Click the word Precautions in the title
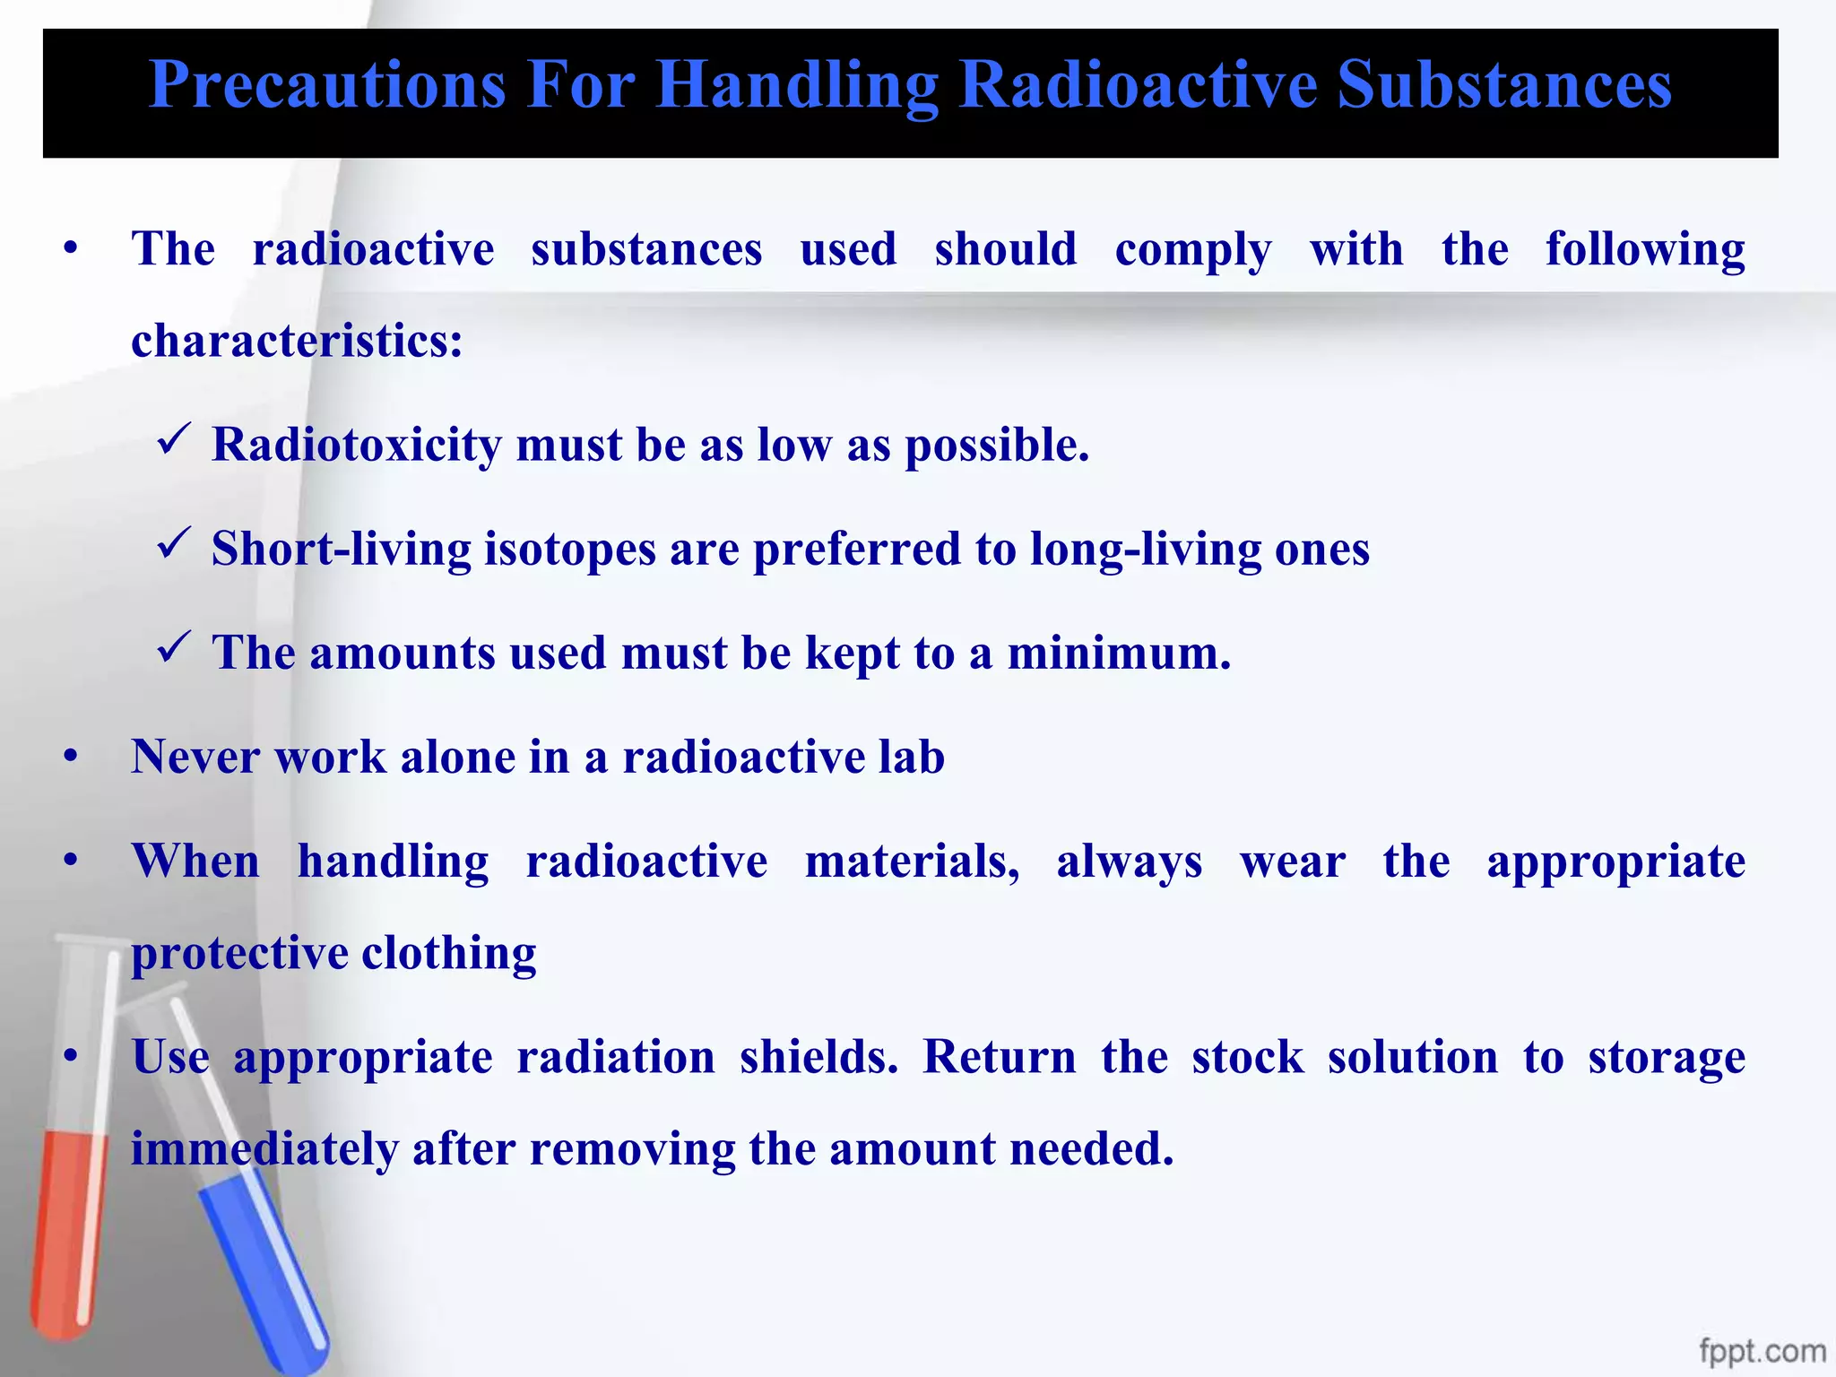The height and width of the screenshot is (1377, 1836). [x=327, y=85]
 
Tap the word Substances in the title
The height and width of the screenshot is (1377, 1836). [x=1503, y=85]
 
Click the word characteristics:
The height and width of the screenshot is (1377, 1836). [x=297, y=341]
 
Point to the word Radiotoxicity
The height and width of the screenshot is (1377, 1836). [x=356, y=445]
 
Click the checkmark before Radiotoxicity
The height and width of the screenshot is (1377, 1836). [x=171, y=440]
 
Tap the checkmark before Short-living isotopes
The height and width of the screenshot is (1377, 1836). [x=171, y=544]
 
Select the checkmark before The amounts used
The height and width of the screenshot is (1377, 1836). [x=171, y=648]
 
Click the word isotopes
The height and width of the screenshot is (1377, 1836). [x=570, y=549]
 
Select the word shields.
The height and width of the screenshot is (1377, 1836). [x=818, y=1057]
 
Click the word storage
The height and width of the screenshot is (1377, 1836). [x=1666, y=1057]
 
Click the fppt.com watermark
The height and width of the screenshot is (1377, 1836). [x=1762, y=1350]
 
